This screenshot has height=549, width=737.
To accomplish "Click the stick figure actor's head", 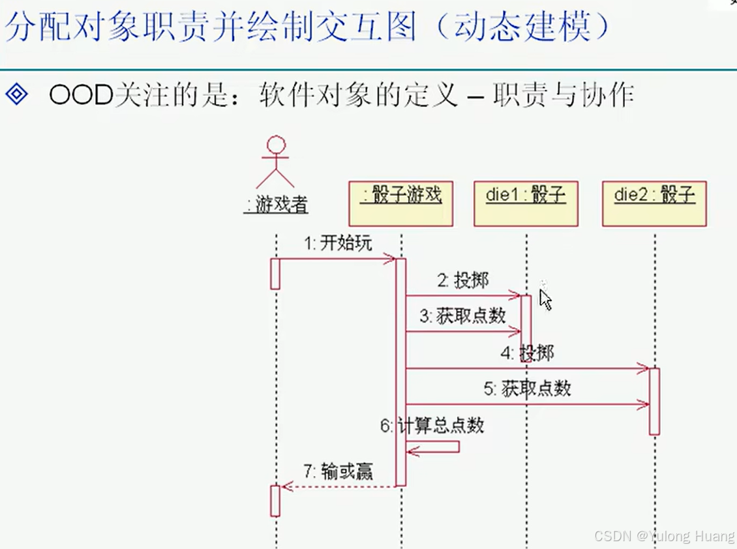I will [x=277, y=144].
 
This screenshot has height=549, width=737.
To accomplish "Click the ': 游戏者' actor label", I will [x=276, y=205].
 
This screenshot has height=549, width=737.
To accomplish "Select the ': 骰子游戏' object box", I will [x=400, y=203].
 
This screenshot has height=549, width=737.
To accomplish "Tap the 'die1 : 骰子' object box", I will [x=526, y=203].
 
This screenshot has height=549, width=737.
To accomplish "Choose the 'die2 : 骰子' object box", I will [x=654, y=203].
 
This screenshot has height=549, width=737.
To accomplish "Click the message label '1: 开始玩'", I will [x=338, y=243].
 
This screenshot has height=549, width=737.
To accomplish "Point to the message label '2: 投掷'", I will [x=462, y=280].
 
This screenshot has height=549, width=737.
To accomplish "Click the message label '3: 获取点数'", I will [x=462, y=316].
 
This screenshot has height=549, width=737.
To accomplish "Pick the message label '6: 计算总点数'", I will [x=432, y=426].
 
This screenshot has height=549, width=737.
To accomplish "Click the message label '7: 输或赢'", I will [x=338, y=471].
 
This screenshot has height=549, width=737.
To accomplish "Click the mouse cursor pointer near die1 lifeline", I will [x=545, y=299].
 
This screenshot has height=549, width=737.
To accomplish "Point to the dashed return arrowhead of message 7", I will [x=286, y=486].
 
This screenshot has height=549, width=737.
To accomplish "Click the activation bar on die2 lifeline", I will [x=654, y=401].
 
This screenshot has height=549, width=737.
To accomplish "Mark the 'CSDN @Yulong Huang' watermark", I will [x=664, y=536].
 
